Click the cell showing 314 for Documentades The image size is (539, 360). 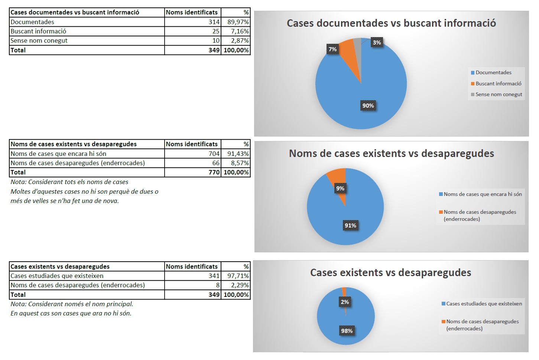coord(214,22)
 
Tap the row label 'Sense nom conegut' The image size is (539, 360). coord(39,40)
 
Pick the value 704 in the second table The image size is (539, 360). coord(214,154)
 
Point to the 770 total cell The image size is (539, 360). coord(214,172)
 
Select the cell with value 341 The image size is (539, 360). coord(214,276)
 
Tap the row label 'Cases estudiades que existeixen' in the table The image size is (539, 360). coord(57,276)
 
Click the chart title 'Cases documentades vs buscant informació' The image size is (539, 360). coord(391,23)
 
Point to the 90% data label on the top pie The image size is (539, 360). coord(368,106)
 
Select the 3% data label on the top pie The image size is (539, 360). coord(377,43)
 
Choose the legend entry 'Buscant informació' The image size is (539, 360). coord(498,84)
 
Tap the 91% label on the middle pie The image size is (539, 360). coord(350,225)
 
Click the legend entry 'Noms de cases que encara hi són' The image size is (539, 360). coord(483,194)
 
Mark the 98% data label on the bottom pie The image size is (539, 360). coord(347,331)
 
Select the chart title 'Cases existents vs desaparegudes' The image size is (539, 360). coord(390,273)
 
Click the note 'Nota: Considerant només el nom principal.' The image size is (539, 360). coord(72,304)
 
